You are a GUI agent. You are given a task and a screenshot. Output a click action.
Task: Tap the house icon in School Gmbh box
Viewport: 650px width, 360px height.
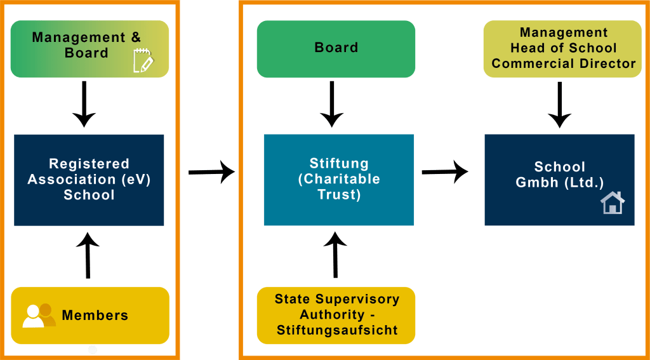click(x=613, y=203)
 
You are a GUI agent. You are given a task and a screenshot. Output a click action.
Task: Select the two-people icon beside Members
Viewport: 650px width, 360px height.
click(x=39, y=315)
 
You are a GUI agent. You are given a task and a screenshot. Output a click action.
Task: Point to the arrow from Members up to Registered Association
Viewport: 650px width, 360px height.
click(x=88, y=255)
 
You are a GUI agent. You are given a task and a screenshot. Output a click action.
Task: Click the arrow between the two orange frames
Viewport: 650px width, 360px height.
click(x=211, y=171)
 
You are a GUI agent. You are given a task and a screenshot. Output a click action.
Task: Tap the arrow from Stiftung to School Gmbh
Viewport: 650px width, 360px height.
click(x=444, y=171)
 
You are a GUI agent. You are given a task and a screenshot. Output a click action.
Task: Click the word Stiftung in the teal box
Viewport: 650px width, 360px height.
click(x=338, y=164)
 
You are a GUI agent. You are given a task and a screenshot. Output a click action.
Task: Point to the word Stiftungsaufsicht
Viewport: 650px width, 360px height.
click(x=336, y=330)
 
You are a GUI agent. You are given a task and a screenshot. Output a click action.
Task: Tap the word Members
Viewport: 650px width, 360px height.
click(x=95, y=315)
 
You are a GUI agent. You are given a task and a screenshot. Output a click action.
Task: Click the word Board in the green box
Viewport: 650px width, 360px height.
click(x=336, y=48)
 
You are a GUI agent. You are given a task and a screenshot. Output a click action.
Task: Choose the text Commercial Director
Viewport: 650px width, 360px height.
click(x=564, y=63)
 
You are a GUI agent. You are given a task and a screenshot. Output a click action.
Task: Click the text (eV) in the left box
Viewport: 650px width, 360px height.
click(x=135, y=179)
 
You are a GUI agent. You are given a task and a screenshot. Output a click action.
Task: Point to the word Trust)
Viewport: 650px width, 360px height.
click(x=339, y=194)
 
